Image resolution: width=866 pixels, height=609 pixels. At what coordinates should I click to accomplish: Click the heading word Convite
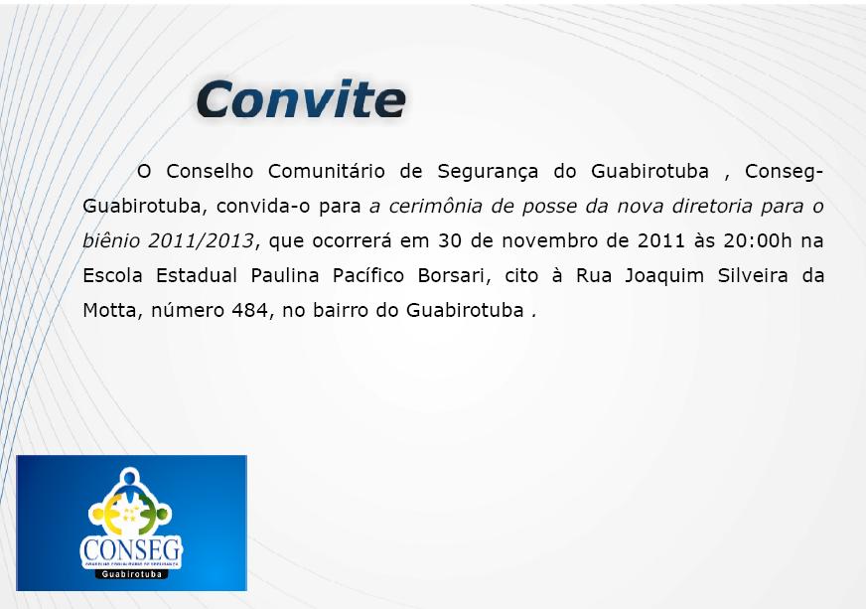click(x=301, y=99)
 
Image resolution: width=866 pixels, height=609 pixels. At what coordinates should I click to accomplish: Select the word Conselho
click(x=210, y=171)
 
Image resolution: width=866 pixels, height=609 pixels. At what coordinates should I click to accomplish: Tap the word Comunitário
click(x=327, y=171)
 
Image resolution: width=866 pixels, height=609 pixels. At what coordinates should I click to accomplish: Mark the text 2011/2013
click(x=201, y=240)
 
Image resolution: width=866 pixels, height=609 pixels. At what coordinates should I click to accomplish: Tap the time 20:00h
click(x=758, y=241)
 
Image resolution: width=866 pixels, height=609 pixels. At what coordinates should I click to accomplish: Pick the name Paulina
click(x=285, y=275)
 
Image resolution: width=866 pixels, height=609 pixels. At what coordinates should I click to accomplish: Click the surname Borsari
click(x=454, y=276)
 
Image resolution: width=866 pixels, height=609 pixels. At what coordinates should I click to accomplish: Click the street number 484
click(x=250, y=310)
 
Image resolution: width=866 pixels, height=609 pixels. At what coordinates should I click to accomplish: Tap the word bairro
click(x=338, y=310)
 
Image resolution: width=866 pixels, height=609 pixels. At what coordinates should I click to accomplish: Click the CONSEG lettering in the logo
click(x=132, y=549)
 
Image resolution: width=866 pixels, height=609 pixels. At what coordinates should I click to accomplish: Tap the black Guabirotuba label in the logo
click(x=132, y=574)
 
